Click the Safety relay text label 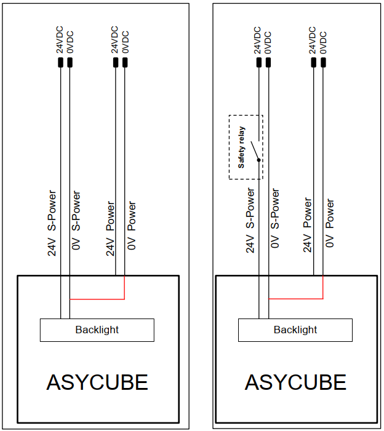tap(241, 148)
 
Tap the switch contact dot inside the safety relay tap(259, 160)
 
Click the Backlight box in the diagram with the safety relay tap(295, 330)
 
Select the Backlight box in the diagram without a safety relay tap(97, 330)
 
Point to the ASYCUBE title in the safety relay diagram tap(295, 382)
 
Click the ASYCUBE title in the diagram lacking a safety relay tap(97, 382)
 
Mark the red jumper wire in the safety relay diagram tap(295, 299)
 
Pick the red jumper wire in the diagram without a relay tap(97, 299)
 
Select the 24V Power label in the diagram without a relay tap(110, 228)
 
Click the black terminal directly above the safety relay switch tap(259, 63)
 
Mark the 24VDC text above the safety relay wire tap(257, 40)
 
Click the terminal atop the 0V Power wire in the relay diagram tap(324, 63)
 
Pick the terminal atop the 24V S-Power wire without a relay tap(61, 63)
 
